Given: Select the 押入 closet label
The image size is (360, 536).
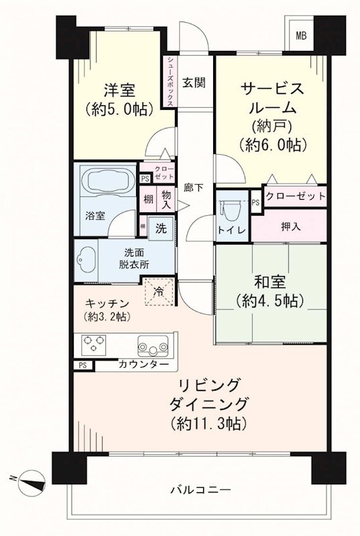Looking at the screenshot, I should point(290,226).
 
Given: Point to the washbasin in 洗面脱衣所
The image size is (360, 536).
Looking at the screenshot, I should point(87,259).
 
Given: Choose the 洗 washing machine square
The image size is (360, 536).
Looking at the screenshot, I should point(161,227).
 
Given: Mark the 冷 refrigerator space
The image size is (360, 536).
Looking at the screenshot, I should point(160,291).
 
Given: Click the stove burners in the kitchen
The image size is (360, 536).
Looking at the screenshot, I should point(96,345).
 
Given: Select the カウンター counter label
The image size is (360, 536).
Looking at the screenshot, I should point(143,365).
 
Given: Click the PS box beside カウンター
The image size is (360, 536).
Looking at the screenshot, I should point(82,365).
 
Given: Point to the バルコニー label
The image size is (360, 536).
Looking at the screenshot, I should point(200,490).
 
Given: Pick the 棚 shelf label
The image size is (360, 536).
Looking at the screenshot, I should point(147,199).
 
